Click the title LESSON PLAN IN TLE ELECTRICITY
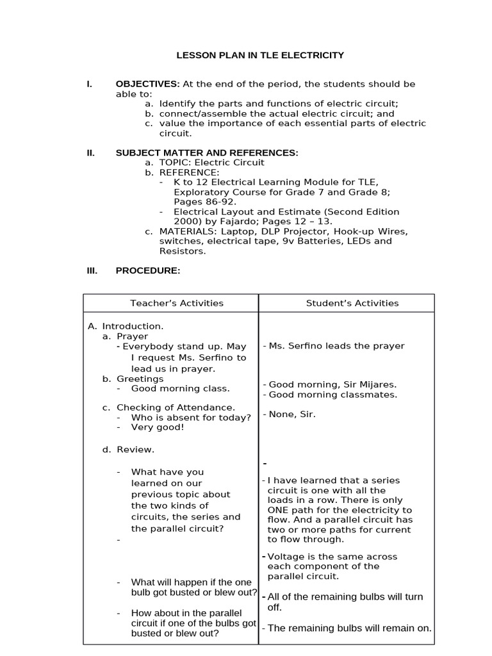pyautogui.click(x=260, y=56)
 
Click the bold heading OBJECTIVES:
pyautogui.click(x=147, y=84)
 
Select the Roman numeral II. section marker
pyautogui.click(x=91, y=152)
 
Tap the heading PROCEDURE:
pyautogui.click(x=148, y=270)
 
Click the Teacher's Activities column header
pyautogui.click(x=177, y=303)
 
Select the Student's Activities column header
pyautogui.click(x=352, y=303)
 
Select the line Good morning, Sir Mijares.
pyautogui.click(x=332, y=384)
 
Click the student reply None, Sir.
pyautogui.click(x=292, y=414)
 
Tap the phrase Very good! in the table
pyautogui.click(x=158, y=427)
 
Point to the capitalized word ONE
pyautogui.click(x=279, y=510)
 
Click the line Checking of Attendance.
pyautogui.click(x=176, y=407)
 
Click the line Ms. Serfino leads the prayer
pyautogui.click(x=336, y=346)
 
